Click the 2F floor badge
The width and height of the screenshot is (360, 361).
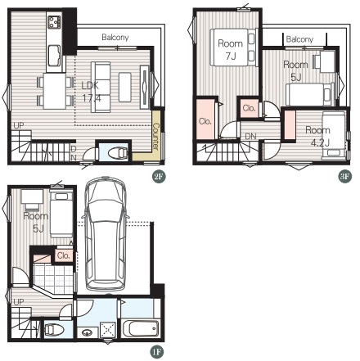click(159, 177)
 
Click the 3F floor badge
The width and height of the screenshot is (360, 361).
click(344, 176)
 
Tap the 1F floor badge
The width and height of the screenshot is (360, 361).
click(157, 352)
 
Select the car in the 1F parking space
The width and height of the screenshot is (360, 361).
click(106, 234)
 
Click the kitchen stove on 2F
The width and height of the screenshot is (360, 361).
click(54, 22)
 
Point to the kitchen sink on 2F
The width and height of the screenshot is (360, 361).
click(55, 56)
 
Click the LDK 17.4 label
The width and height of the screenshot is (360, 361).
click(91, 92)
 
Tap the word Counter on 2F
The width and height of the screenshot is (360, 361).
click(155, 136)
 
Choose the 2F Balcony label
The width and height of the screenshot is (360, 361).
click(115, 37)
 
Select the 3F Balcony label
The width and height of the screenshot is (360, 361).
click(299, 39)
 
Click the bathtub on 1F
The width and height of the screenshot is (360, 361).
click(141, 328)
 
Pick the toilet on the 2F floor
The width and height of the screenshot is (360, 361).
click(118, 153)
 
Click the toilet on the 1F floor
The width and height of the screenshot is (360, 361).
click(54, 330)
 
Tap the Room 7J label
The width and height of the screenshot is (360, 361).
click(231, 50)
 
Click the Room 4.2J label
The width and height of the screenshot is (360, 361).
click(318, 136)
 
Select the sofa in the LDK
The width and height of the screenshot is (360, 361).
click(101, 87)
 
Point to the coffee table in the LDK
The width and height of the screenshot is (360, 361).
click(125, 87)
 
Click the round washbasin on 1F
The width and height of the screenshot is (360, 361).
click(87, 332)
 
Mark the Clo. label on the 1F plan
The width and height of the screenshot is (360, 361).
click(64, 255)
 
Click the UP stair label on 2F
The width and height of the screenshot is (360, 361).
click(19, 126)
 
